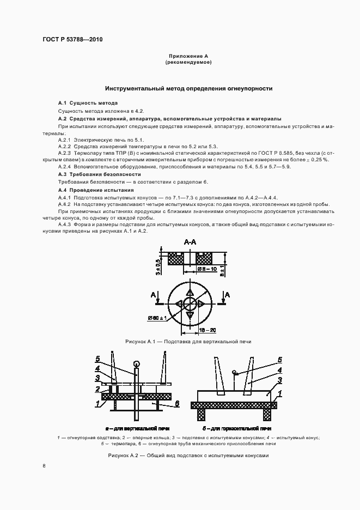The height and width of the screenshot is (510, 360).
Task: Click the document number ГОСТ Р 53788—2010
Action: coord(72,40)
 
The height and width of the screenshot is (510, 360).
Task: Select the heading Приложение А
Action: coord(188,57)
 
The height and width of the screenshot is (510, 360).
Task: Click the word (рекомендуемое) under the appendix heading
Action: coord(188,63)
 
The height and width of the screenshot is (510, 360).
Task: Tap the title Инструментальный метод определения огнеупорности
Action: coord(188,88)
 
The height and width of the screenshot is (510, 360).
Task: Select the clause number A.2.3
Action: coord(65,154)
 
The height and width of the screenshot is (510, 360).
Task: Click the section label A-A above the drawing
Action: coord(190,241)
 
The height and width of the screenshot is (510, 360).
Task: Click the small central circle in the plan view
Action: coord(190,303)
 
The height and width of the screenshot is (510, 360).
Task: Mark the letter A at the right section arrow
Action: coord(228,295)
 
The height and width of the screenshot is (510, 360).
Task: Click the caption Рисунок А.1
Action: coord(141,342)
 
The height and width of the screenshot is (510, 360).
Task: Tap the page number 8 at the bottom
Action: coord(44,466)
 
